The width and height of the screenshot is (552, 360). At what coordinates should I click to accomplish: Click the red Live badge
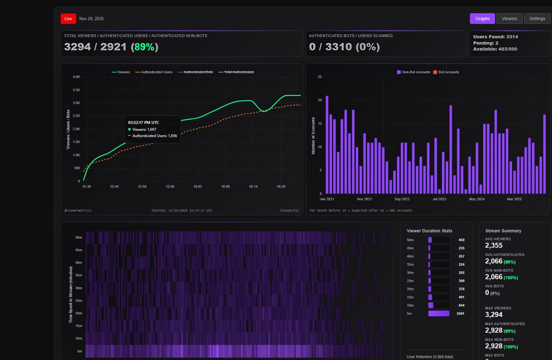(68, 19)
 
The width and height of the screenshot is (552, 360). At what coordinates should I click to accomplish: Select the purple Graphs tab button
(482, 19)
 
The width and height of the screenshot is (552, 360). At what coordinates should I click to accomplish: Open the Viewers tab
(509, 19)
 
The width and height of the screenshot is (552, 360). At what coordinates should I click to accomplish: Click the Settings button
(537, 19)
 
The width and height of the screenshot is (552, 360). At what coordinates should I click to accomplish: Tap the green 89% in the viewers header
(144, 47)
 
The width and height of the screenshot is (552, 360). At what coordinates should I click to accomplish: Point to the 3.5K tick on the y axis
(76, 90)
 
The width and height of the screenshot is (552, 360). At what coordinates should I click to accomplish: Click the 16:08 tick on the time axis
(225, 187)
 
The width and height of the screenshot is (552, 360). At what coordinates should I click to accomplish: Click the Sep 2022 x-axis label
(402, 199)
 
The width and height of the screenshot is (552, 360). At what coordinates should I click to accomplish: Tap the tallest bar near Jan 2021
(327, 145)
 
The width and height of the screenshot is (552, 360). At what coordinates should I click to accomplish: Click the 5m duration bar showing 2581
(438, 313)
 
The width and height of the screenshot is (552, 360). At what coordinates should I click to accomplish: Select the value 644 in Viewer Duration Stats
(461, 306)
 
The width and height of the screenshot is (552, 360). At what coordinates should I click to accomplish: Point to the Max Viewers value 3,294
(493, 315)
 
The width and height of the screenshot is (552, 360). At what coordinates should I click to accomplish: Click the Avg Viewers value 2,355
(493, 246)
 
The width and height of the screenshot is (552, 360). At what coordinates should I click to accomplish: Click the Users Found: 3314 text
(495, 37)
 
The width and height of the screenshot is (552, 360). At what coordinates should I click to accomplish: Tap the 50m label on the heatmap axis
(79, 238)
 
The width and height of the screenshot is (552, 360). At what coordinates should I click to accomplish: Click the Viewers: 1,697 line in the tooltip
(144, 130)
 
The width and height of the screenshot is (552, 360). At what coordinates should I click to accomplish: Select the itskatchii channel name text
(289, 211)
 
